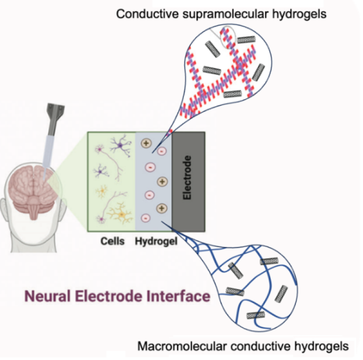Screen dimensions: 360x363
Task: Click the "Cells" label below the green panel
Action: (x=112, y=241)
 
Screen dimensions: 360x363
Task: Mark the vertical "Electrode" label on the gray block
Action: (x=188, y=179)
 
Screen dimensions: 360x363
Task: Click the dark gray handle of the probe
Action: (x=55, y=114)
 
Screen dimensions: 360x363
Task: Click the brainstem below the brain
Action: (x=35, y=214)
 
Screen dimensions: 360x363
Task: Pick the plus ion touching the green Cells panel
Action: (x=144, y=143)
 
